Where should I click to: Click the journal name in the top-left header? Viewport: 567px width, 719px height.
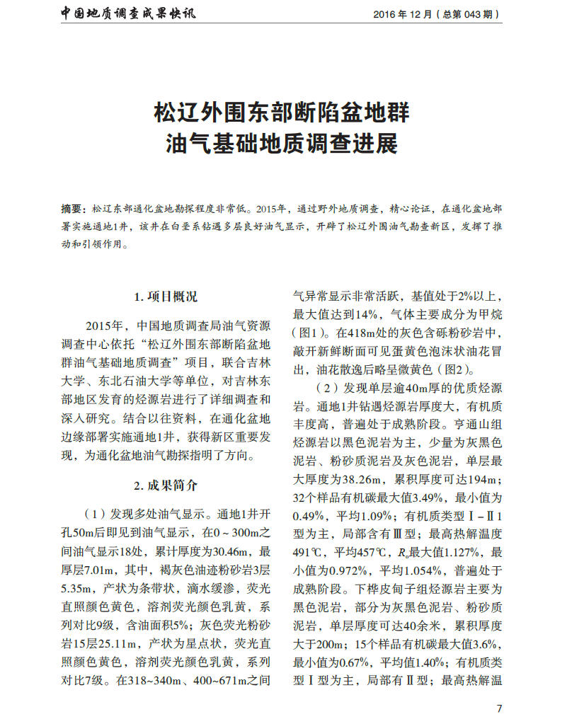click(x=127, y=13)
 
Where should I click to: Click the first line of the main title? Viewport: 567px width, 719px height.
click(x=282, y=113)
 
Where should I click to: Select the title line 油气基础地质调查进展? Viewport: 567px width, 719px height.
click(x=282, y=144)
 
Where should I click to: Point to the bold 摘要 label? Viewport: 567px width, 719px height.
click(x=72, y=210)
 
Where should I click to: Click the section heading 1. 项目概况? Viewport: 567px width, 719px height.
click(x=166, y=297)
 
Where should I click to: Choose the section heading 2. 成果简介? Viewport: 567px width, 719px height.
click(x=166, y=485)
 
